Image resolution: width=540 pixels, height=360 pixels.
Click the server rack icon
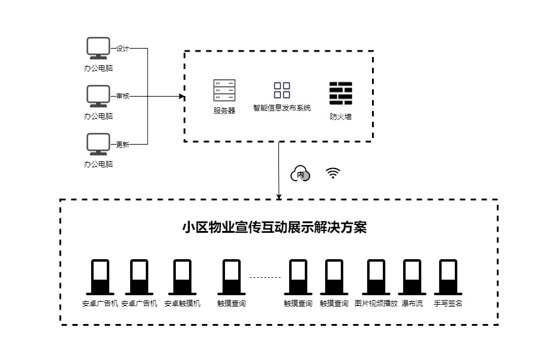click(224, 90)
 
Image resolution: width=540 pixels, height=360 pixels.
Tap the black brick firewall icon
click(340, 94)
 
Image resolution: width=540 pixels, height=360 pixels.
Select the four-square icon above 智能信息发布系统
click(282, 90)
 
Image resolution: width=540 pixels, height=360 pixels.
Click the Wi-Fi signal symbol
click(333, 173)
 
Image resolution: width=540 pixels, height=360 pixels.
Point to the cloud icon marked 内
click(301, 174)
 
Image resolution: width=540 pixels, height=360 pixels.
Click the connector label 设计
click(122, 49)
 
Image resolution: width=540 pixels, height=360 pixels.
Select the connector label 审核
click(122, 96)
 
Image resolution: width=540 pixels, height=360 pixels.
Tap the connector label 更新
click(122, 144)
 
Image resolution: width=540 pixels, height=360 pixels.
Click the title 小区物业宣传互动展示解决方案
click(274, 228)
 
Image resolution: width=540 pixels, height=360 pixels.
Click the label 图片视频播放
click(376, 304)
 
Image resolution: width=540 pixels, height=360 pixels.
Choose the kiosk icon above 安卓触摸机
click(182, 277)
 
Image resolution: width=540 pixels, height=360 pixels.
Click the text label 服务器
click(224, 110)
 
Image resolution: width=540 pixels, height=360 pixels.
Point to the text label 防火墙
click(340, 116)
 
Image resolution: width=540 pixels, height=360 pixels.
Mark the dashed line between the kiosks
click(265, 277)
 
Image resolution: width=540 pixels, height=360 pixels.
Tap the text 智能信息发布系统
click(282, 109)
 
